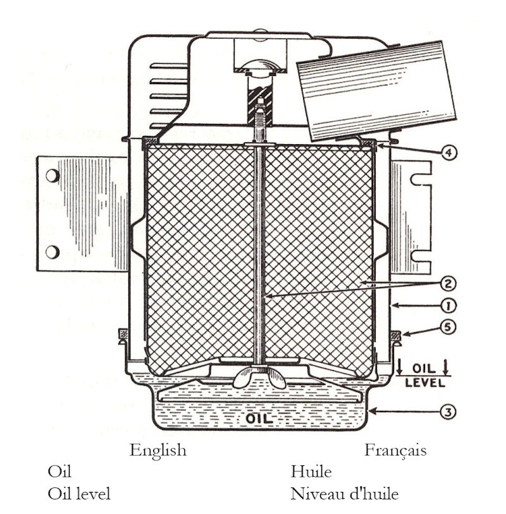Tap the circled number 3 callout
tap(447, 412)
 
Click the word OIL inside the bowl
tap(260, 419)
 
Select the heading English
tap(158, 450)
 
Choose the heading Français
tap(395, 450)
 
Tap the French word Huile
tap(311, 472)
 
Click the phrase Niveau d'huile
tap(344, 493)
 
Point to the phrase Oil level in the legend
tap(78, 493)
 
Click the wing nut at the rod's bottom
tap(258, 378)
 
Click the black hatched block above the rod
tap(260, 101)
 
